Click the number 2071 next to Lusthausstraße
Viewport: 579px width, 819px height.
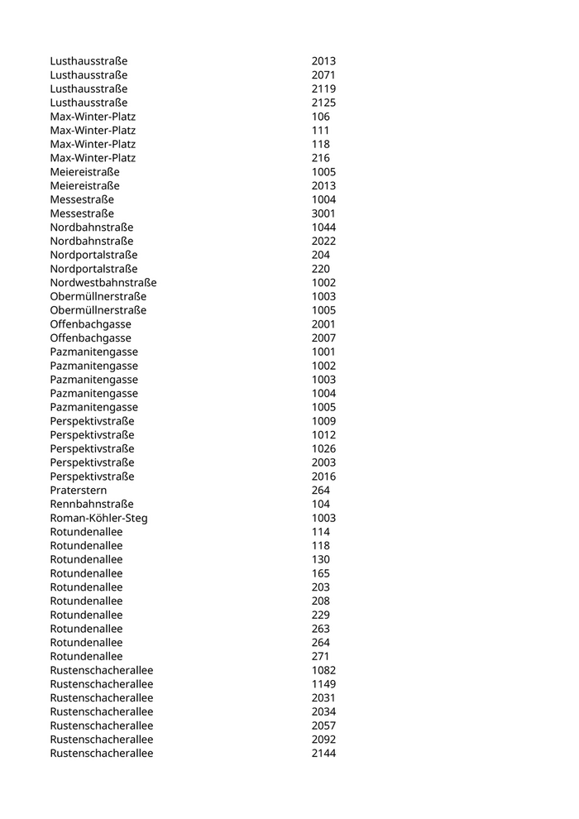(323, 75)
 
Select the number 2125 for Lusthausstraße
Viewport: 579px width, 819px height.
(323, 103)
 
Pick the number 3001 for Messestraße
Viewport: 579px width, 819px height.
(323, 213)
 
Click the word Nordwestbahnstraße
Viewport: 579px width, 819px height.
(103, 283)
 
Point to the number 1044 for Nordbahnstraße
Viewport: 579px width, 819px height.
(323, 227)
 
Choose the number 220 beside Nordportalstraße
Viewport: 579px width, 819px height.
(320, 269)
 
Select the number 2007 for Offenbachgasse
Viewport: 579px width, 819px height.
(323, 338)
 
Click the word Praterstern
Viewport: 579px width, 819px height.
(79, 491)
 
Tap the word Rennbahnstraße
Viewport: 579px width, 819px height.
(92, 504)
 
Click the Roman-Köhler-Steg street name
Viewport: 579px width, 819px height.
(99, 518)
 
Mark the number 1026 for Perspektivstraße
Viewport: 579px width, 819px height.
(323, 448)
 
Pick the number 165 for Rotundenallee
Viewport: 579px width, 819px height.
(320, 573)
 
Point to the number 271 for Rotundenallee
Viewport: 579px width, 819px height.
(320, 656)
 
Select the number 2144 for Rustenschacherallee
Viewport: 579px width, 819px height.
(323, 754)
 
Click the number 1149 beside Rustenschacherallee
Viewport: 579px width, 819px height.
(323, 684)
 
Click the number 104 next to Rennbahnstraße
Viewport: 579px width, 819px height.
(320, 504)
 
